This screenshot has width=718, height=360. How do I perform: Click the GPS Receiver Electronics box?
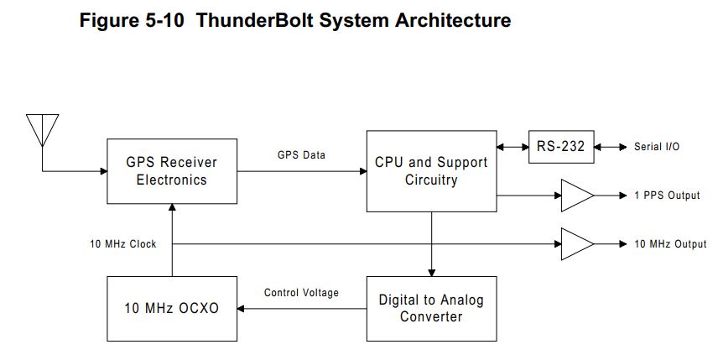click(x=172, y=171)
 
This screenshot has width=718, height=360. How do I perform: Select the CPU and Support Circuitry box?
click(x=431, y=171)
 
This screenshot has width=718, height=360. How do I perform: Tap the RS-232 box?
click(x=561, y=147)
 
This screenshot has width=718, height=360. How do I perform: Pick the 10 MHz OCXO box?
click(x=172, y=309)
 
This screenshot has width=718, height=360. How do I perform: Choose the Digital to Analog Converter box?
click(x=431, y=309)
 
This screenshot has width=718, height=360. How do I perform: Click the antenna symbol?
click(x=43, y=130)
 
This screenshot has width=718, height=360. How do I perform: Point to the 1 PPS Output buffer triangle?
click(x=577, y=196)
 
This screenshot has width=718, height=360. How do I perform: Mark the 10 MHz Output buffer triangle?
click(x=577, y=244)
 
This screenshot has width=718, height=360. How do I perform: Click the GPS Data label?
click(x=301, y=155)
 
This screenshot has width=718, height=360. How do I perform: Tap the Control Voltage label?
click(x=301, y=293)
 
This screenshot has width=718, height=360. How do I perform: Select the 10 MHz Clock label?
click(x=123, y=244)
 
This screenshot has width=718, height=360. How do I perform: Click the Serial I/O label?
click(x=657, y=147)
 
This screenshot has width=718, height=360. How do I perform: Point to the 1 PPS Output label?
click(x=667, y=196)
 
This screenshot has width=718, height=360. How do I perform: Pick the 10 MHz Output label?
click(x=670, y=244)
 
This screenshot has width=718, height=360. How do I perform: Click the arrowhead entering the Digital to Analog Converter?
click(x=431, y=273)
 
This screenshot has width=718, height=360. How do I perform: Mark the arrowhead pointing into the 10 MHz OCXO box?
click(x=241, y=309)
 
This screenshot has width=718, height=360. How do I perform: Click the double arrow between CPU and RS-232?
click(x=512, y=147)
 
